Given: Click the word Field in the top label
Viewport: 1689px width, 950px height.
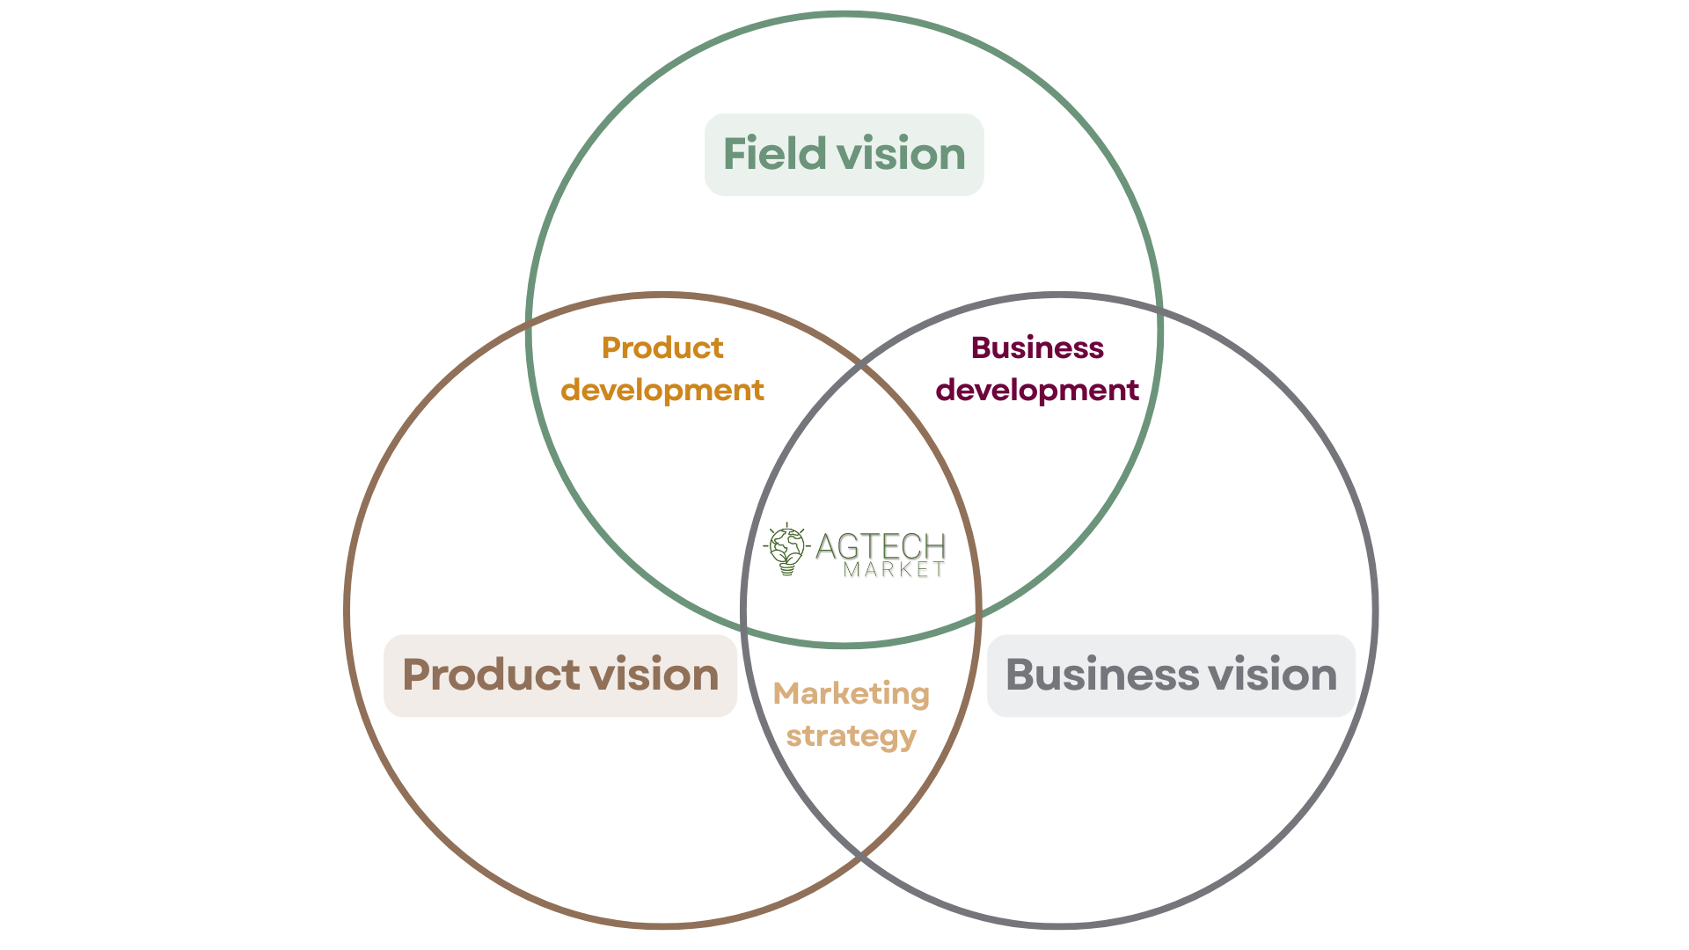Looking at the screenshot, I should point(774,154).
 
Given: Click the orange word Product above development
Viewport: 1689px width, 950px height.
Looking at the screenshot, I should point(662,347).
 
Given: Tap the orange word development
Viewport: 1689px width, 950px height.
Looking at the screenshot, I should point(662,390).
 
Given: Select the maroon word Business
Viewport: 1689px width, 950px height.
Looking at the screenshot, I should point(1037,347).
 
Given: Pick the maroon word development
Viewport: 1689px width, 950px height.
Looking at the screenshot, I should point(1037,390).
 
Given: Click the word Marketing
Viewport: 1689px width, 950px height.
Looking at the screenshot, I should point(851,693).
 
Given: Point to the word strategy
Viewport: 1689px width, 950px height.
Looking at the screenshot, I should point(851,735).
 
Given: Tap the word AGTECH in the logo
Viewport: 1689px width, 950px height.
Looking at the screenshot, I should point(880,546).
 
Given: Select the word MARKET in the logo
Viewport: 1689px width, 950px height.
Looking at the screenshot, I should point(894,570).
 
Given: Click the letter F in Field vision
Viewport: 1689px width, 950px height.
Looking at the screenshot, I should point(735,154).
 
